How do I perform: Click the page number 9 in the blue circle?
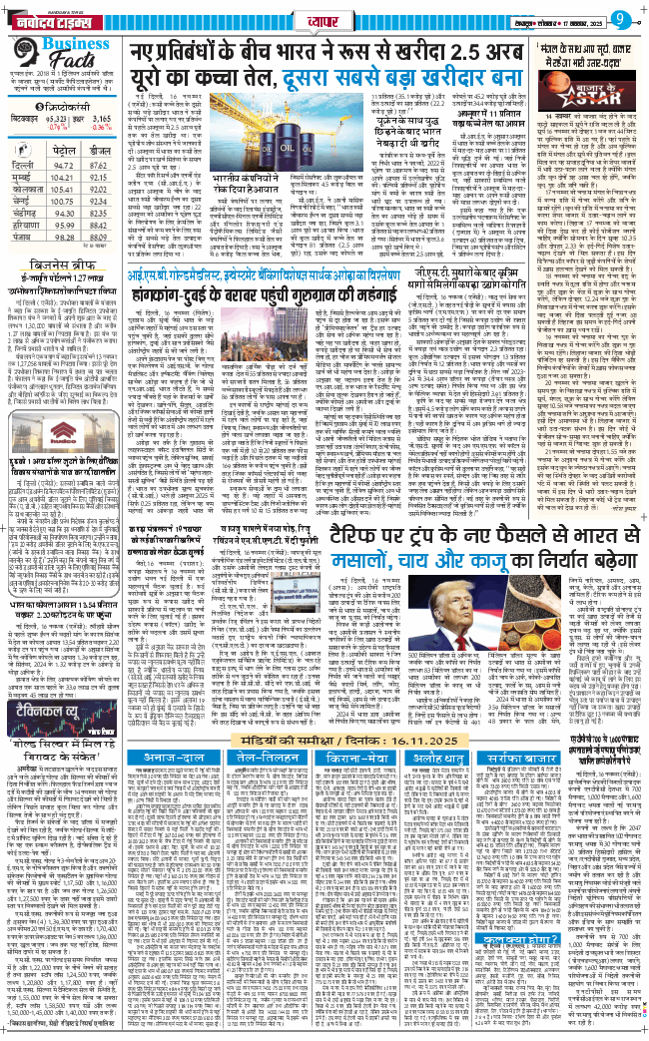pos(619,17)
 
